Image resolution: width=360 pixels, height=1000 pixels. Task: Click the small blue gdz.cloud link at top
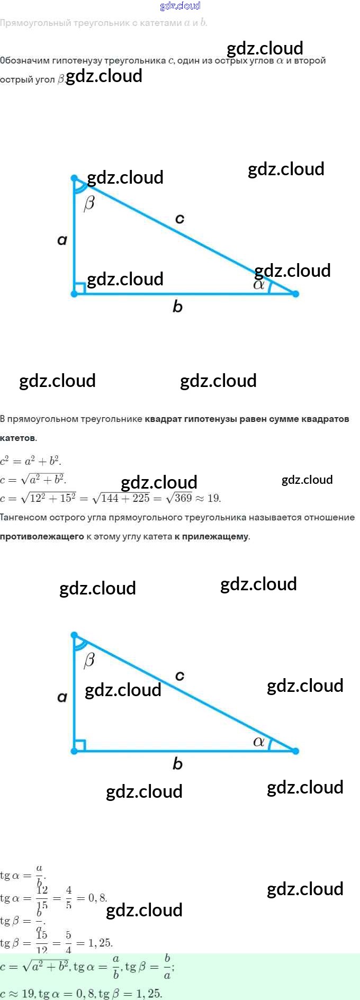(x=180, y=6)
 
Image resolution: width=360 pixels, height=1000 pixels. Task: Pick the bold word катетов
(x=18, y=438)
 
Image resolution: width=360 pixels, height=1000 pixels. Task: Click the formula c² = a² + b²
(x=31, y=461)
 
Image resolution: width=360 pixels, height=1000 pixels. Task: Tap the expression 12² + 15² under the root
(x=52, y=498)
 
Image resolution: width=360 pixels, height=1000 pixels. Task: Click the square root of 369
(x=179, y=498)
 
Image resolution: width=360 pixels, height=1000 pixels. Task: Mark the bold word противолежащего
(x=42, y=537)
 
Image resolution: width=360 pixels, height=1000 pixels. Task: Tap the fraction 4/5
(x=69, y=898)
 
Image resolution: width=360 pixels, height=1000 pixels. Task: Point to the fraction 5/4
(x=68, y=943)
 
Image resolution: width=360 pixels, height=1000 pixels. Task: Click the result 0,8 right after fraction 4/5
(x=97, y=898)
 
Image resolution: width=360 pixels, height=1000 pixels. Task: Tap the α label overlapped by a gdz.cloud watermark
(x=259, y=285)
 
